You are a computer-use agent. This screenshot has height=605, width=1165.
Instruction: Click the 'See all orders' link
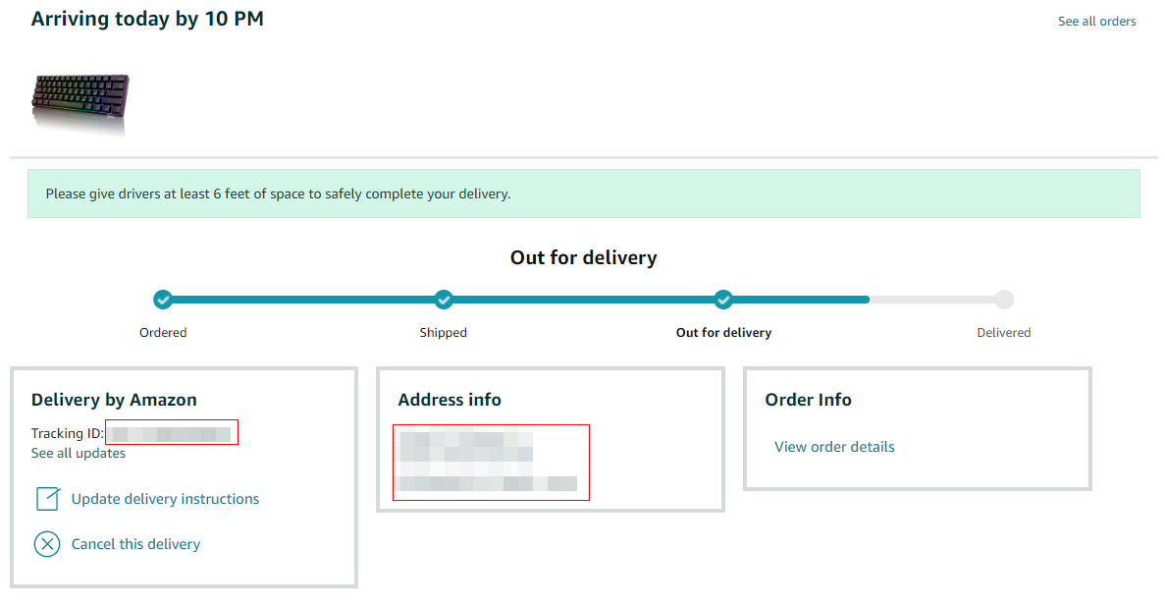(x=1096, y=22)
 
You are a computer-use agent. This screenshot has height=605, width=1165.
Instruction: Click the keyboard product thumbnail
(x=80, y=102)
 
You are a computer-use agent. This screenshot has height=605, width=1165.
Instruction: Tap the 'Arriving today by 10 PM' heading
(x=147, y=19)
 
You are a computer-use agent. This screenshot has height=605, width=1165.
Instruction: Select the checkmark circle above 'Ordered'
(x=163, y=299)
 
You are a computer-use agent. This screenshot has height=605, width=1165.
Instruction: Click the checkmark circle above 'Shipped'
(x=444, y=299)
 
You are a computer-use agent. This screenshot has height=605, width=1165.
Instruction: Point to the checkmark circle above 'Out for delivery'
(x=723, y=299)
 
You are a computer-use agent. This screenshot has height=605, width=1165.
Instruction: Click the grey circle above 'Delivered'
(x=1003, y=300)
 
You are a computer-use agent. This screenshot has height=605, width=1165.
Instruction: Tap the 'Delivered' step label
(x=1003, y=333)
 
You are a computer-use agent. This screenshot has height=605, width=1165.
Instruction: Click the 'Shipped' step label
(x=443, y=333)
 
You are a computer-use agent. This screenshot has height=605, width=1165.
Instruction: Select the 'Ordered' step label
(x=163, y=333)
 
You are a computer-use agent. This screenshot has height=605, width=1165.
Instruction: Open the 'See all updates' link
(x=79, y=454)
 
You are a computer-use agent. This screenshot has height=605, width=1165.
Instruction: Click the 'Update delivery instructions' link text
(x=165, y=499)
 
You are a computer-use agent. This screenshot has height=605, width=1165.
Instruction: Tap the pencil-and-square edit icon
(x=47, y=498)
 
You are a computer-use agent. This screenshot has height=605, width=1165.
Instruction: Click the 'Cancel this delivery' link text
(x=135, y=544)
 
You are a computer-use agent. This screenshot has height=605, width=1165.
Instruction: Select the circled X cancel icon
(x=47, y=543)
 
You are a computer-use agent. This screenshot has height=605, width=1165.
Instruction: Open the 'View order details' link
(x=834, y=447)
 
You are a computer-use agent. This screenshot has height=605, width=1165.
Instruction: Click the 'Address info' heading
(x=450, y=400)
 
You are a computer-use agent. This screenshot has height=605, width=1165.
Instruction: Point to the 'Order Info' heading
(x=808, y=400)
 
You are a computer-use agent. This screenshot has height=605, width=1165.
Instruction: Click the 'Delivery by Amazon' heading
(x=114, y=400)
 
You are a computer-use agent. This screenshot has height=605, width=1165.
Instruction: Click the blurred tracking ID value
(x=172, y=433)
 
